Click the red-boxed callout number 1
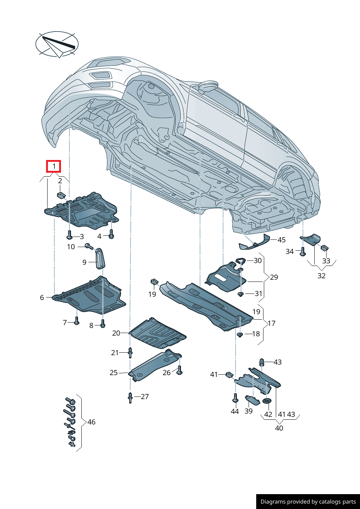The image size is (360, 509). [54, 167]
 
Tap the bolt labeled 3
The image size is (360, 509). [69, 236]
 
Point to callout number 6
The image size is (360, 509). [42, 297]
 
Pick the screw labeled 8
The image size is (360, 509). [103, 324]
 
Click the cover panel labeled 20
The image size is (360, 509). [157, 332]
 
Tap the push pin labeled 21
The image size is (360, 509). [130, 352]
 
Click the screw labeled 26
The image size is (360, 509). [180, 371]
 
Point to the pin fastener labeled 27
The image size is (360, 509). [130, 397]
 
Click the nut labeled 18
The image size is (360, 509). [240, 334]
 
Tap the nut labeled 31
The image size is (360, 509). [240, 294]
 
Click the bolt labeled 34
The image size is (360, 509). [303, 252]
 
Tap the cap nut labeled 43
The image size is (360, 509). [261, 362]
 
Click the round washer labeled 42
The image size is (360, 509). [267, 401]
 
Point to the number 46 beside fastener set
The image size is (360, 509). [91, 422]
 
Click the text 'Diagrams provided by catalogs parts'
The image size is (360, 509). [308, 502]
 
